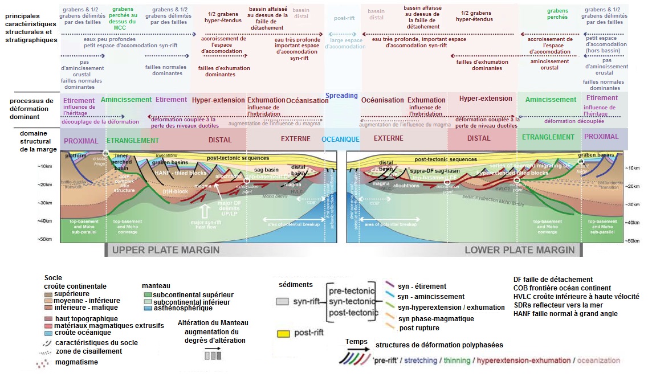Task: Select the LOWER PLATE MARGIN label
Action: [519, 251]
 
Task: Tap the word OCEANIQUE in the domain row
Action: [340, 140]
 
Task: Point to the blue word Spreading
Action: [341, 96]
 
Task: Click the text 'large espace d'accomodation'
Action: [345, 43]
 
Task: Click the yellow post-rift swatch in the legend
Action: [283, 332]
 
